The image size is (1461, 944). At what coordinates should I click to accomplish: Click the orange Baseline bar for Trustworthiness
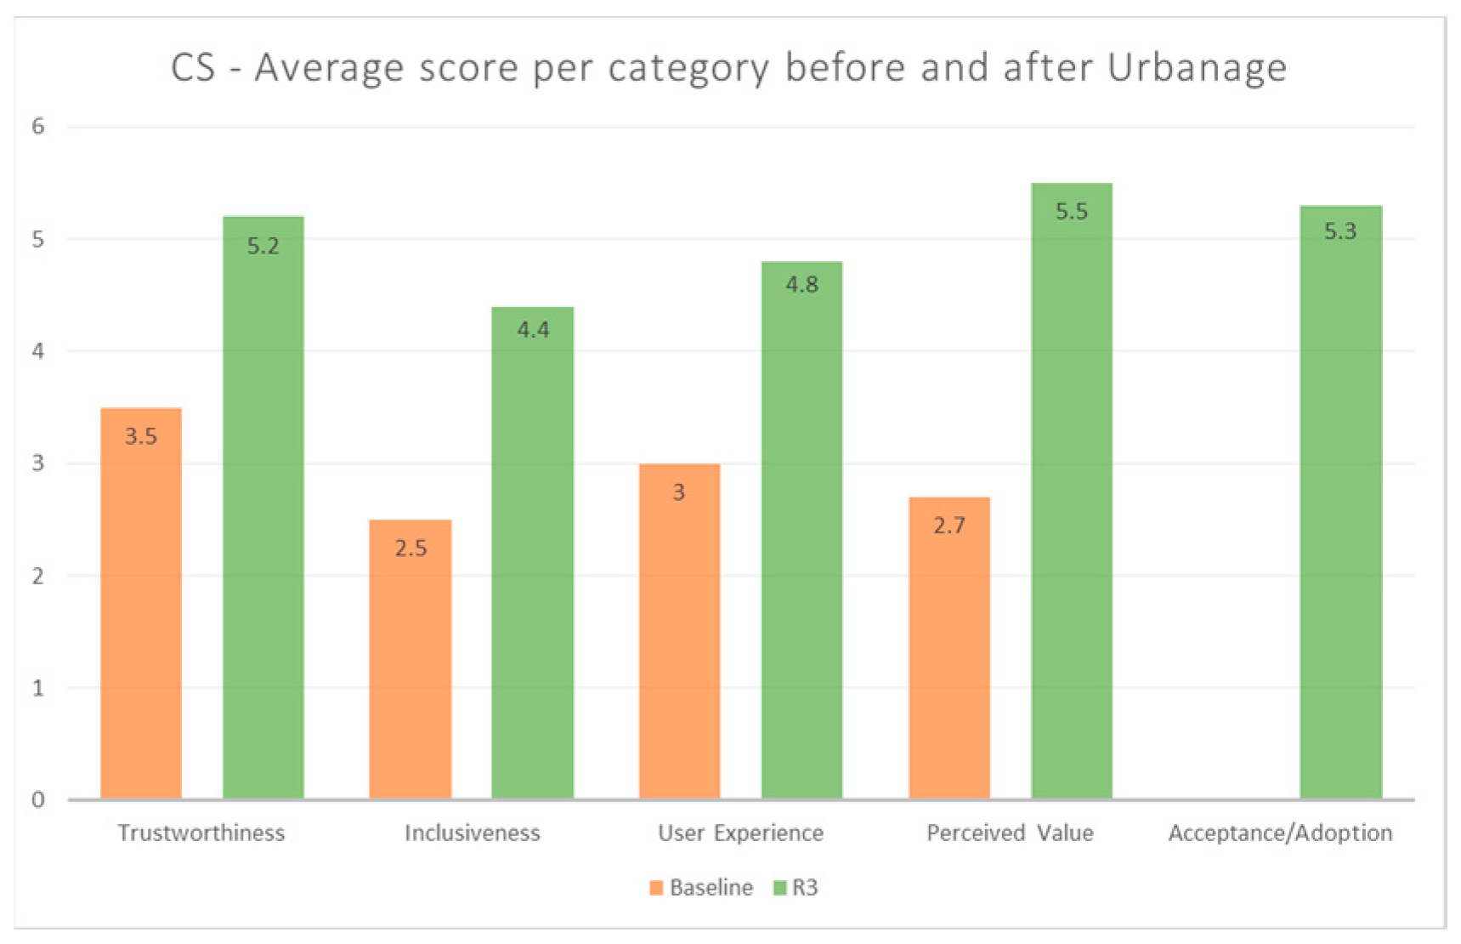[x=141, y=604]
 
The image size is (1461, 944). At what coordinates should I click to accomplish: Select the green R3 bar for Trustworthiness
[x=263, y=510]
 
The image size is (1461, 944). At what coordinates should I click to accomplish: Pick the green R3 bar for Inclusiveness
[x=533, y=553]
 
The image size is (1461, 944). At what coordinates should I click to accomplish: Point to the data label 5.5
[x=1072, y=212]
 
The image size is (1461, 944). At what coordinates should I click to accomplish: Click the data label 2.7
[x=949, y=526]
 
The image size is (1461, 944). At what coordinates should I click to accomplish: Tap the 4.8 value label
[x=801, y=284]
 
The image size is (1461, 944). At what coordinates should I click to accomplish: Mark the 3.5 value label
[x=141, y=436]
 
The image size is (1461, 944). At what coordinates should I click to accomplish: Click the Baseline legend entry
[x=701, y=888]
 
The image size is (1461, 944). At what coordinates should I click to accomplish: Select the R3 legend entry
[x=796, y=888]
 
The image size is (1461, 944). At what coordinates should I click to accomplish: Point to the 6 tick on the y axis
[x=38, y=127]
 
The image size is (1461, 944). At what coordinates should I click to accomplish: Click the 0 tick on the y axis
[x=38, y=799]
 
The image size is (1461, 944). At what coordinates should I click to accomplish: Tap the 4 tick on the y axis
[x=38, y=350]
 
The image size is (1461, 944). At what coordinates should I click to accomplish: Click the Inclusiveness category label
[x=472, y=833]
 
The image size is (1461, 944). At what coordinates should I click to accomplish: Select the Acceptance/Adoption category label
[x=1280, y=833]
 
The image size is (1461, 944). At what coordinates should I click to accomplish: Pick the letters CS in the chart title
[x=193, y=67]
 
